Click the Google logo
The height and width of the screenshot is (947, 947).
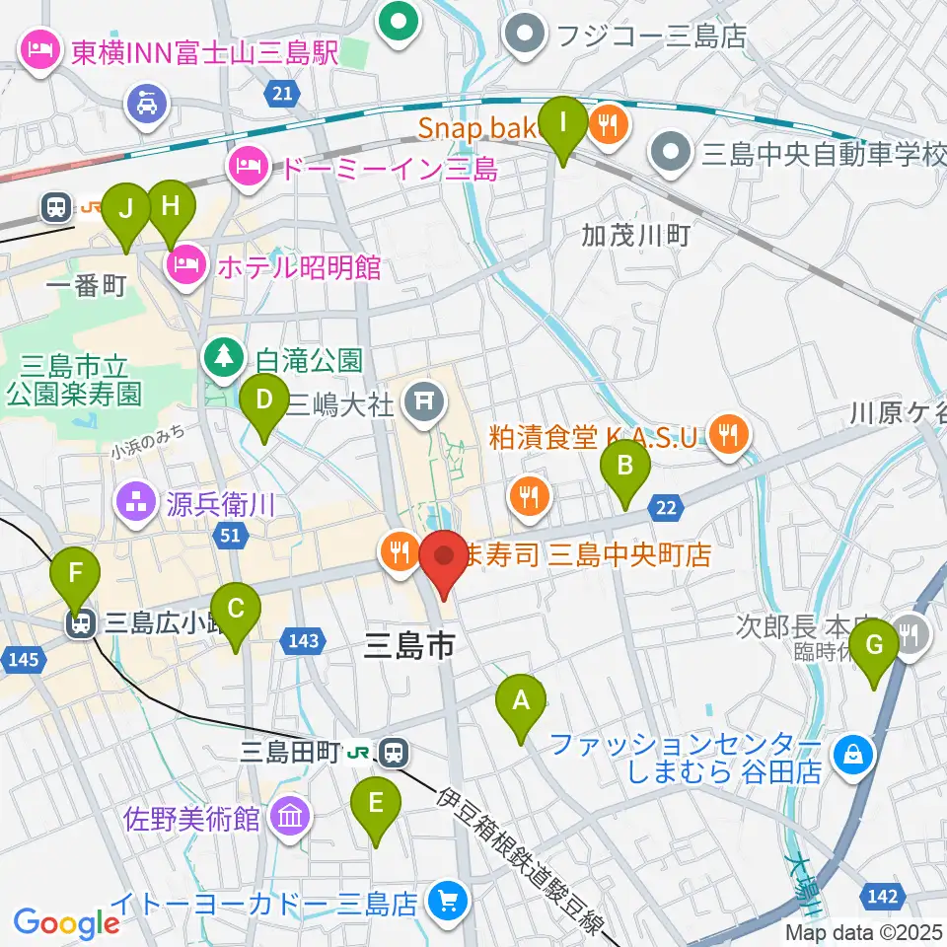[66, 922]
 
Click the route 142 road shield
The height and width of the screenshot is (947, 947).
[884, 896]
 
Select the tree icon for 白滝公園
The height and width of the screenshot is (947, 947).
[223, 357]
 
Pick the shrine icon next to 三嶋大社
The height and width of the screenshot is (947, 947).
[425, 400]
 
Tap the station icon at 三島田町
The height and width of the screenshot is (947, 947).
[395, 754]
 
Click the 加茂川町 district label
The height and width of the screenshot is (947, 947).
[635, 235]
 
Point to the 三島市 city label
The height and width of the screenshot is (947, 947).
[409, 646]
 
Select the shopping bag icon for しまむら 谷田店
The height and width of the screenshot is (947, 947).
[851, 756]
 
